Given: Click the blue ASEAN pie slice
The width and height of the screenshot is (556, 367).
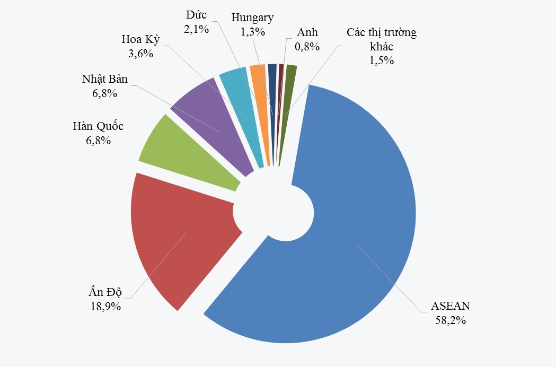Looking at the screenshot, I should (x=350, y=223).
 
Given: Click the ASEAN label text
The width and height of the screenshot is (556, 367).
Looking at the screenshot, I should (x=451, y=306).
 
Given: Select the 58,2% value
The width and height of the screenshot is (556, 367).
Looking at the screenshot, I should (x=451, y=320).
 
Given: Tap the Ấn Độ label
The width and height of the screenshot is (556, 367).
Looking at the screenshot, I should (x=105, y=292).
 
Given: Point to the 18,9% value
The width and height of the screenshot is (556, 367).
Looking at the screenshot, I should (x=105, y=306).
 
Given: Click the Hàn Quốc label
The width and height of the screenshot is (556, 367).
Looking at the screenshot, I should (x=98, y=127).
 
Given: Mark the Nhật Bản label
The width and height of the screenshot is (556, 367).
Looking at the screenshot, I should (x=104, y=80).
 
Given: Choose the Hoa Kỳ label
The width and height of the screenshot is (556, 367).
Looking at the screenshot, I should (x=140, y=40).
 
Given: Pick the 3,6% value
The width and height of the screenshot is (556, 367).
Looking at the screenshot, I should (x=140, y=54).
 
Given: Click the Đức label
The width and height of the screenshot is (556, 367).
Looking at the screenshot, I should (x=196, y=15).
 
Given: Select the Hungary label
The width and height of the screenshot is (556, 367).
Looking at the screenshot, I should (x=252, y=18).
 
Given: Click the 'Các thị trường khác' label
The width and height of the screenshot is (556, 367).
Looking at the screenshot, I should (x=382, y=39).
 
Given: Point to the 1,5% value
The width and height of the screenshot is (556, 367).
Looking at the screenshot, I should (x=382, y=60).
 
